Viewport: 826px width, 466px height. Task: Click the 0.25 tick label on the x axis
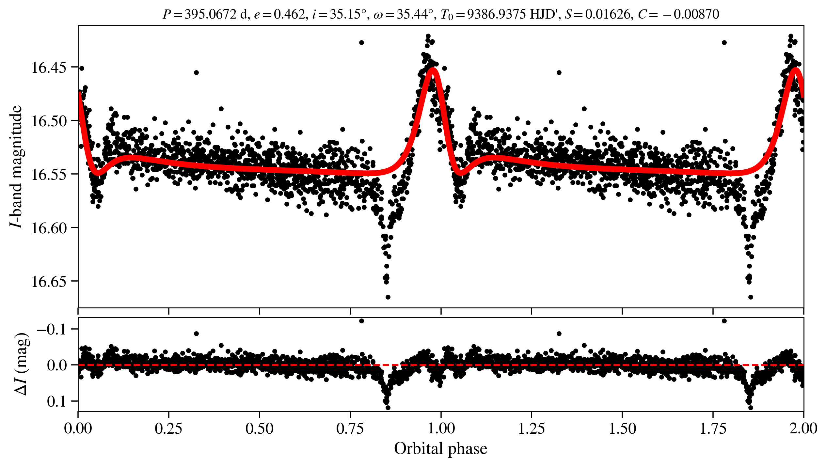coord(168,428)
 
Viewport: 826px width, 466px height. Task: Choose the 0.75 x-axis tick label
coord(350,428)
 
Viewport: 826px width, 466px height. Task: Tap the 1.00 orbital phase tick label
coord(441,428)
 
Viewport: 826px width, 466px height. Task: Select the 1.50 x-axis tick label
coord(622,428)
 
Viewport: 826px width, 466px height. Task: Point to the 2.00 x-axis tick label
coord(803,428)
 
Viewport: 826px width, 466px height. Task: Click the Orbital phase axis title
coord(441,449)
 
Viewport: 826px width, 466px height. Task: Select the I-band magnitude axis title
coord(16,167)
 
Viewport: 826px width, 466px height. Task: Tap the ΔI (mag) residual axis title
coord(22,364)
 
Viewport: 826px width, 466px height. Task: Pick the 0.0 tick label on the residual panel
coord(57,365)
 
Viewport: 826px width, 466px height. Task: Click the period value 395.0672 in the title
coord(211,14)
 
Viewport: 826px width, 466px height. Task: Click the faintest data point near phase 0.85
coord(388,297)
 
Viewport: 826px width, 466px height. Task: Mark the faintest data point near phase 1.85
coord(751,297)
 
